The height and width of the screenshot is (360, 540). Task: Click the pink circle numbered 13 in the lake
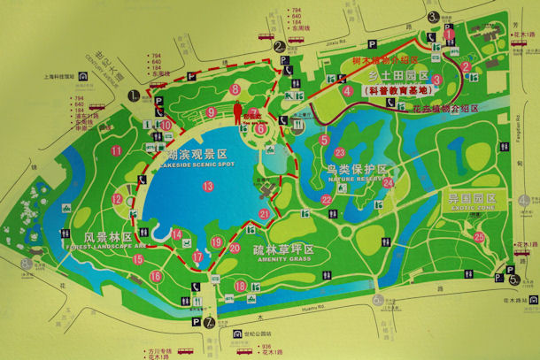click(x=208, y=186)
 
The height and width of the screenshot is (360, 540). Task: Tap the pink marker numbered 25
click(x=479, y=236)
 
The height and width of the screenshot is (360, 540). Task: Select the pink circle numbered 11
click(x=117, y=150)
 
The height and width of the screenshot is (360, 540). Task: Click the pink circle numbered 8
click(x=235, y=89)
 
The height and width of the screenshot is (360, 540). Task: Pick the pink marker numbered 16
click(x=156, y=276)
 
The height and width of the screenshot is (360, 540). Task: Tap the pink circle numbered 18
click(x=240, y=286)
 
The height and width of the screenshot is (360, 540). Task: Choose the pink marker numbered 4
click(x=348, y=89)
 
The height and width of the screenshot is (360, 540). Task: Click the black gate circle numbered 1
click(x=134, y=94)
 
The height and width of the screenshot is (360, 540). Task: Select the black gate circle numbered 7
click(x=209, y=322)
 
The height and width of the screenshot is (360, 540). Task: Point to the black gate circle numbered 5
click(x=514, y=280)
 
